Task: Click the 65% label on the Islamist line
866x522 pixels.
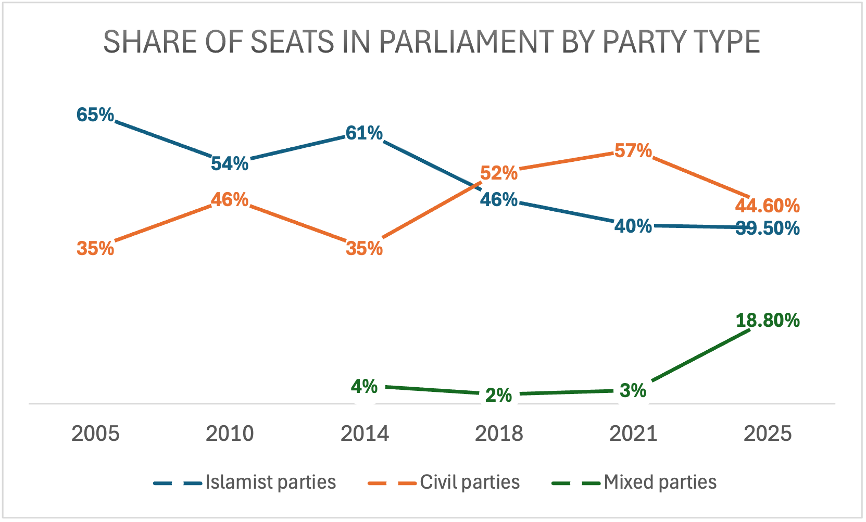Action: pos(95,114)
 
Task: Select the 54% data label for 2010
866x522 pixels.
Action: pos(230,163)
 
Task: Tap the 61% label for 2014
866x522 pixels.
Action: pos(364,133)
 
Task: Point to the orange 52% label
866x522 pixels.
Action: pos(499,173)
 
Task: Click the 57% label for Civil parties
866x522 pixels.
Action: pos(633,151)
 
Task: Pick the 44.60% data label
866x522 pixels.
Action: pos(767,206)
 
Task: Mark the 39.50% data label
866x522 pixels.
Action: pos(768,228)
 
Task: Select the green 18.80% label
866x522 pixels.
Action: pos(768,321)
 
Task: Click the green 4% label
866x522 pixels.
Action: pos(364,387)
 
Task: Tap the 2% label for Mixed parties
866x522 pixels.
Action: pos(499,396)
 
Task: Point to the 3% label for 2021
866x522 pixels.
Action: pos(633,390)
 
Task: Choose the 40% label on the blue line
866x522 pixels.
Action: pos(633,226)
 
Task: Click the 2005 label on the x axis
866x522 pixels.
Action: pos(95,434)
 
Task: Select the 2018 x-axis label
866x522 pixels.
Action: pos(499,434)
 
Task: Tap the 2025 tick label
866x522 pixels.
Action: pos(768,434)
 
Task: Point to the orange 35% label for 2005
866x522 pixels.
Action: pos(95,249)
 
